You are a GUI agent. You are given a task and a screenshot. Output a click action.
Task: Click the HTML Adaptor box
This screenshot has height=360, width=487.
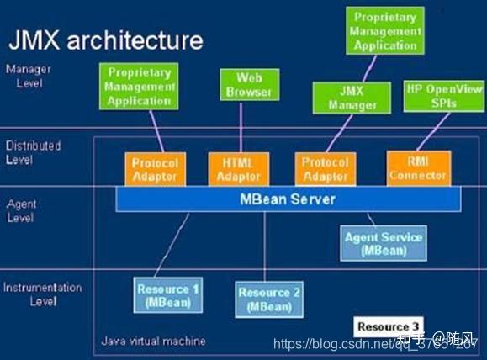click(239, 168)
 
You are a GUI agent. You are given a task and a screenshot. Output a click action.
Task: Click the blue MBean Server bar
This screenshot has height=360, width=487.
click(288, 199)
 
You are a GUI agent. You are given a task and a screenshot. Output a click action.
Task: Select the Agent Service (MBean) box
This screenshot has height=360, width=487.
click(383, 243)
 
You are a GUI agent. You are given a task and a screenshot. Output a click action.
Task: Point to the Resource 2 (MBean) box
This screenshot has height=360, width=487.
click(269, 299)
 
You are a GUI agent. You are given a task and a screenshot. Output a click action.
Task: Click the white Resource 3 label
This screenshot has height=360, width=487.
click(388, 326)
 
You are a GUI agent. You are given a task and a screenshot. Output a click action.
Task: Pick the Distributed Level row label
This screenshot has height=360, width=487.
click(33, 152)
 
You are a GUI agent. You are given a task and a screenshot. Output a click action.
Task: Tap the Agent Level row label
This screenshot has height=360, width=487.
click(21, 210)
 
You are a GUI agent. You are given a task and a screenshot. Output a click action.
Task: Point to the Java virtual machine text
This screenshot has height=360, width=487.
click(152, 341)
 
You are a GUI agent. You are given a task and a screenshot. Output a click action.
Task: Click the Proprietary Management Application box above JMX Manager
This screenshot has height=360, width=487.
click(386, 31)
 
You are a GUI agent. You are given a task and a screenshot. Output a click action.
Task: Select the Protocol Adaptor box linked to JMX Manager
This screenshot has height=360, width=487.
click(324, 168)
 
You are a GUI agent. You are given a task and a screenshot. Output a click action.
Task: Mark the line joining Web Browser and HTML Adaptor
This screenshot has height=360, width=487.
click(241, 126)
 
